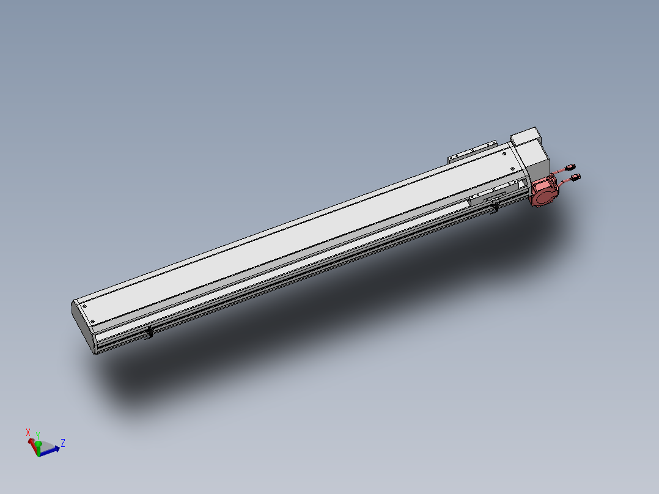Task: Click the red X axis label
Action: [28, 432]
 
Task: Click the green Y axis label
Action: [38, 435]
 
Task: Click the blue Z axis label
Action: [63, 443]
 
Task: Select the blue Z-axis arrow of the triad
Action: [51, 449]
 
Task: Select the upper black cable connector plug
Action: [572, 166]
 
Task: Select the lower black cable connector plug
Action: [576, 177]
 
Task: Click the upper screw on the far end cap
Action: [85, 307]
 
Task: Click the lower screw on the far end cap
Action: [93, 322]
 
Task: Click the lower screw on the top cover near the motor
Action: [512, 169]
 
